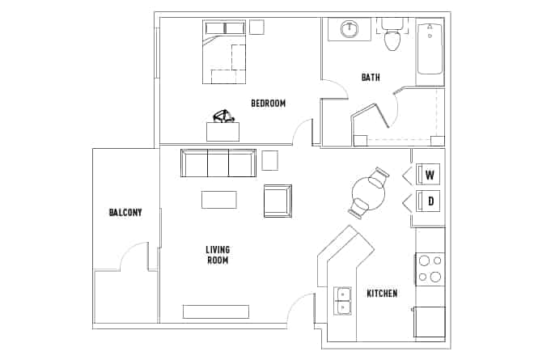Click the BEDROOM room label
click(x=268, y=103)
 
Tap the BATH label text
click(x=371, y=78)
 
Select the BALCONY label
click(x=125, y=213)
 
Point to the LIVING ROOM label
click(x=217, y=255)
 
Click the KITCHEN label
click(x=381, y=293)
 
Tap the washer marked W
click(x=430, y=175)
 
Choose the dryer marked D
click(x=430, y=201)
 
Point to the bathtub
click(x=430, y=50)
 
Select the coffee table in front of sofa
click(x=218, y=199)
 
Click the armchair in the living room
click(x=278, y=201)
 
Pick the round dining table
click(x=369, y=192)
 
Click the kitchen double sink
click(x=343, y=299)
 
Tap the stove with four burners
click(x=430, y=269)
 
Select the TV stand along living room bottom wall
click(x=215, y=311)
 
